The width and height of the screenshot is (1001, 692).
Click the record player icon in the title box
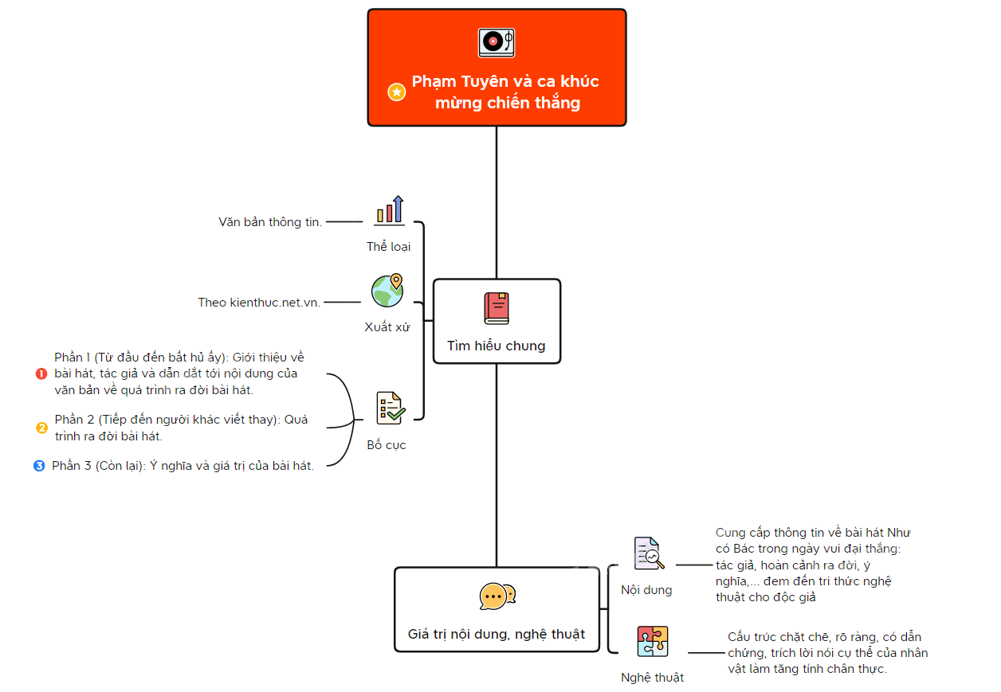496,43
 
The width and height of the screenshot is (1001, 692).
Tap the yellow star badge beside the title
396,92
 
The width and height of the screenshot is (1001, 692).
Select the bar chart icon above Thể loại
391,210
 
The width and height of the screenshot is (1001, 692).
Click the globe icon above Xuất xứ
387,290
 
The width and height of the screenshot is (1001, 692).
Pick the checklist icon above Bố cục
391,408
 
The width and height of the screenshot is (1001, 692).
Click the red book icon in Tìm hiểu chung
497,308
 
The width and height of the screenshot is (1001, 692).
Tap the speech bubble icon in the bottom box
497,596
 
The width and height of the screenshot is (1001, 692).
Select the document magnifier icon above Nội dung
649,553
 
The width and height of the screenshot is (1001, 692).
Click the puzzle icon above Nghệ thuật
653,641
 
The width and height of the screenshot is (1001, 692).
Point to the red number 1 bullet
41,373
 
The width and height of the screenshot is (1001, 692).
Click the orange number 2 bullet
41,428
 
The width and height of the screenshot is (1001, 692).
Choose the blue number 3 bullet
39,466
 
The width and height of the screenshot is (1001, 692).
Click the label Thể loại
388,246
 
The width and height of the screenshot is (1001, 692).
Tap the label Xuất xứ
387,326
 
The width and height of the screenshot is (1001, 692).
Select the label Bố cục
386,444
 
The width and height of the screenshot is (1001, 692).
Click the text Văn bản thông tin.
270,222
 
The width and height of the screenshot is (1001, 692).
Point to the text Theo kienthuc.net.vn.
259,303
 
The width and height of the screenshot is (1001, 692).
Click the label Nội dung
646,590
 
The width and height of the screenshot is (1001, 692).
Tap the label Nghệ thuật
652,677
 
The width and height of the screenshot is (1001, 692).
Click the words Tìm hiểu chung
496,346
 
